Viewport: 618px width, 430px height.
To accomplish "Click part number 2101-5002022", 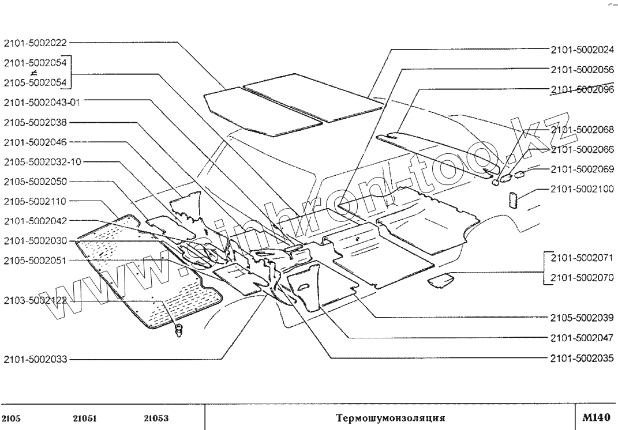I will tap(35, 43).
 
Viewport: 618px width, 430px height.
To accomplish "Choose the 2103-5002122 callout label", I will tap(35, 301).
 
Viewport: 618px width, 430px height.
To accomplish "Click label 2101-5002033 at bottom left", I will tap(35, 360).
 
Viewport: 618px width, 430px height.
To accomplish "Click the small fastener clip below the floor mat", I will tap(179, 330).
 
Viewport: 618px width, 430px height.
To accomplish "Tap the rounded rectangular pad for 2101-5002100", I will tap(512, 200).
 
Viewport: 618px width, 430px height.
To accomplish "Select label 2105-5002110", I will tap(35, 201).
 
